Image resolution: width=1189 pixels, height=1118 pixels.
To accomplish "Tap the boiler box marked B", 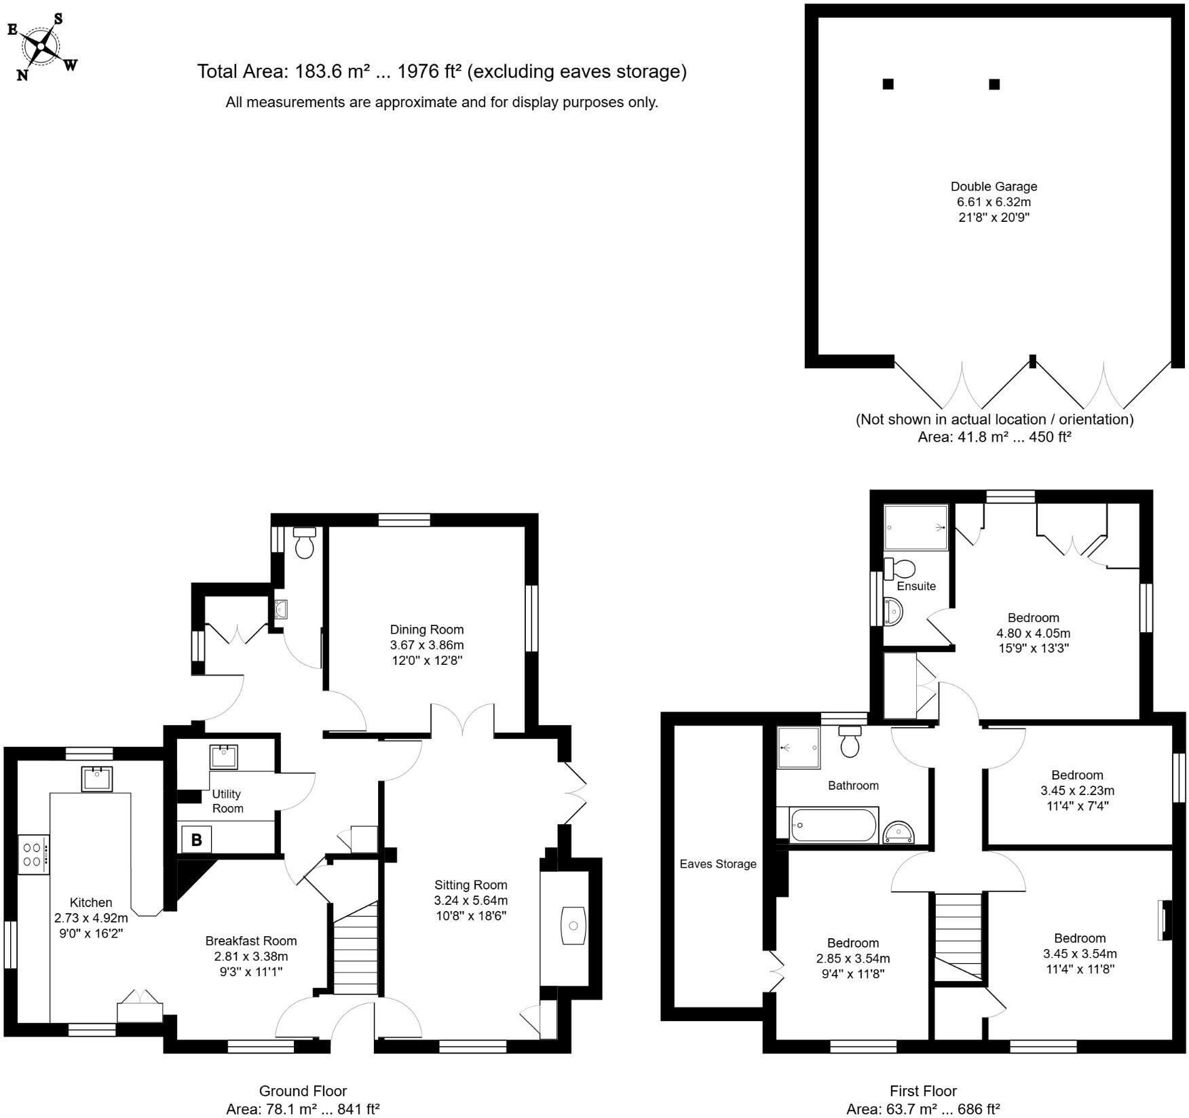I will point(196,840).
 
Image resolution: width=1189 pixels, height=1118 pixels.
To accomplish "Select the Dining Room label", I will point(427,630).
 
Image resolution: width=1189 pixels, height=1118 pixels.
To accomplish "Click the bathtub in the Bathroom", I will point(834,825).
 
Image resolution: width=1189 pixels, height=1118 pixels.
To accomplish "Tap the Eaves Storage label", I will point(717,864).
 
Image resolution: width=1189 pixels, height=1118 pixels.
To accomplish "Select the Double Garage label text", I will point(994,187).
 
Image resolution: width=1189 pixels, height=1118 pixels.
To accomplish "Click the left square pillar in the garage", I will point(888,84).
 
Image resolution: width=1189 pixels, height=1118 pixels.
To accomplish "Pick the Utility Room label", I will point(227,801).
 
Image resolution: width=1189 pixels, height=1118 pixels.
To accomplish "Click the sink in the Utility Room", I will point(223,757).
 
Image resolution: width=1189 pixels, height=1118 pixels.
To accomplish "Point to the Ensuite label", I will point(916,586).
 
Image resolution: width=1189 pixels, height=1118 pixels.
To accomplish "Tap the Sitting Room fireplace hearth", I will point(573,927).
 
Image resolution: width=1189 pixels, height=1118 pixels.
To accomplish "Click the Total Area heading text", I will point(441,71).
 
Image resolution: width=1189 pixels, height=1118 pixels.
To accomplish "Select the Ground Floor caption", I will point(303,1091).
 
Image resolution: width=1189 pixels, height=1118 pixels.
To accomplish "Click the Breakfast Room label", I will point(251,941).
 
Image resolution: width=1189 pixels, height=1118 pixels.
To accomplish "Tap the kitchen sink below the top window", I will point(96,779).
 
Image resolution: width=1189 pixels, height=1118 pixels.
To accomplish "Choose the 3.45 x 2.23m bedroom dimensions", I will point(1077,790).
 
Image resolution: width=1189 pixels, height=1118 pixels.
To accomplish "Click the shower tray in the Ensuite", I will point(916,527).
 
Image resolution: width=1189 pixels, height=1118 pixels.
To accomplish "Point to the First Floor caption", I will point(923,1091).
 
